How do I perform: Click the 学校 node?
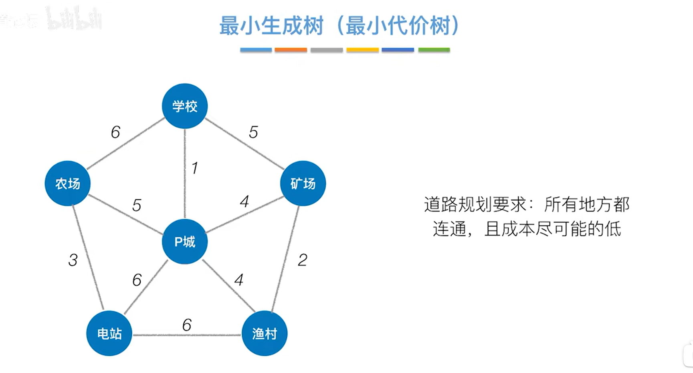[185, 106]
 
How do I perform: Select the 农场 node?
[67, 183]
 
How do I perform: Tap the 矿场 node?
[303, 183]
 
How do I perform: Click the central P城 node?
[185, 242]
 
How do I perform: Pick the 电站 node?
[109, 333]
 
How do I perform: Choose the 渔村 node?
[265, 333]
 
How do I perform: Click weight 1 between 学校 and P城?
[195, 168]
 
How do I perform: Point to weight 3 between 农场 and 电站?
[73, 260]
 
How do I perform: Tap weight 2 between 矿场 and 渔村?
[303, 260]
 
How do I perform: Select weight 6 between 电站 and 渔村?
[187, 325]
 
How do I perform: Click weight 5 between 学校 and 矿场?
[253, 132]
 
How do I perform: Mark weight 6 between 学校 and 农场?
[115, 132]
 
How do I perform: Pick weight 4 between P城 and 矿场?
[244, 201]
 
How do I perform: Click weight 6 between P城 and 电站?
[137, 280]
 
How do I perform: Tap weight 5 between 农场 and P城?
[137, 205]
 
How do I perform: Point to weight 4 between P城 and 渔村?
[239, 280]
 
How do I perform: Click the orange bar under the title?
[291, 50]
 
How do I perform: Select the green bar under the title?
[434, 50]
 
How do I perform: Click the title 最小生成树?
[271, 26]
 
